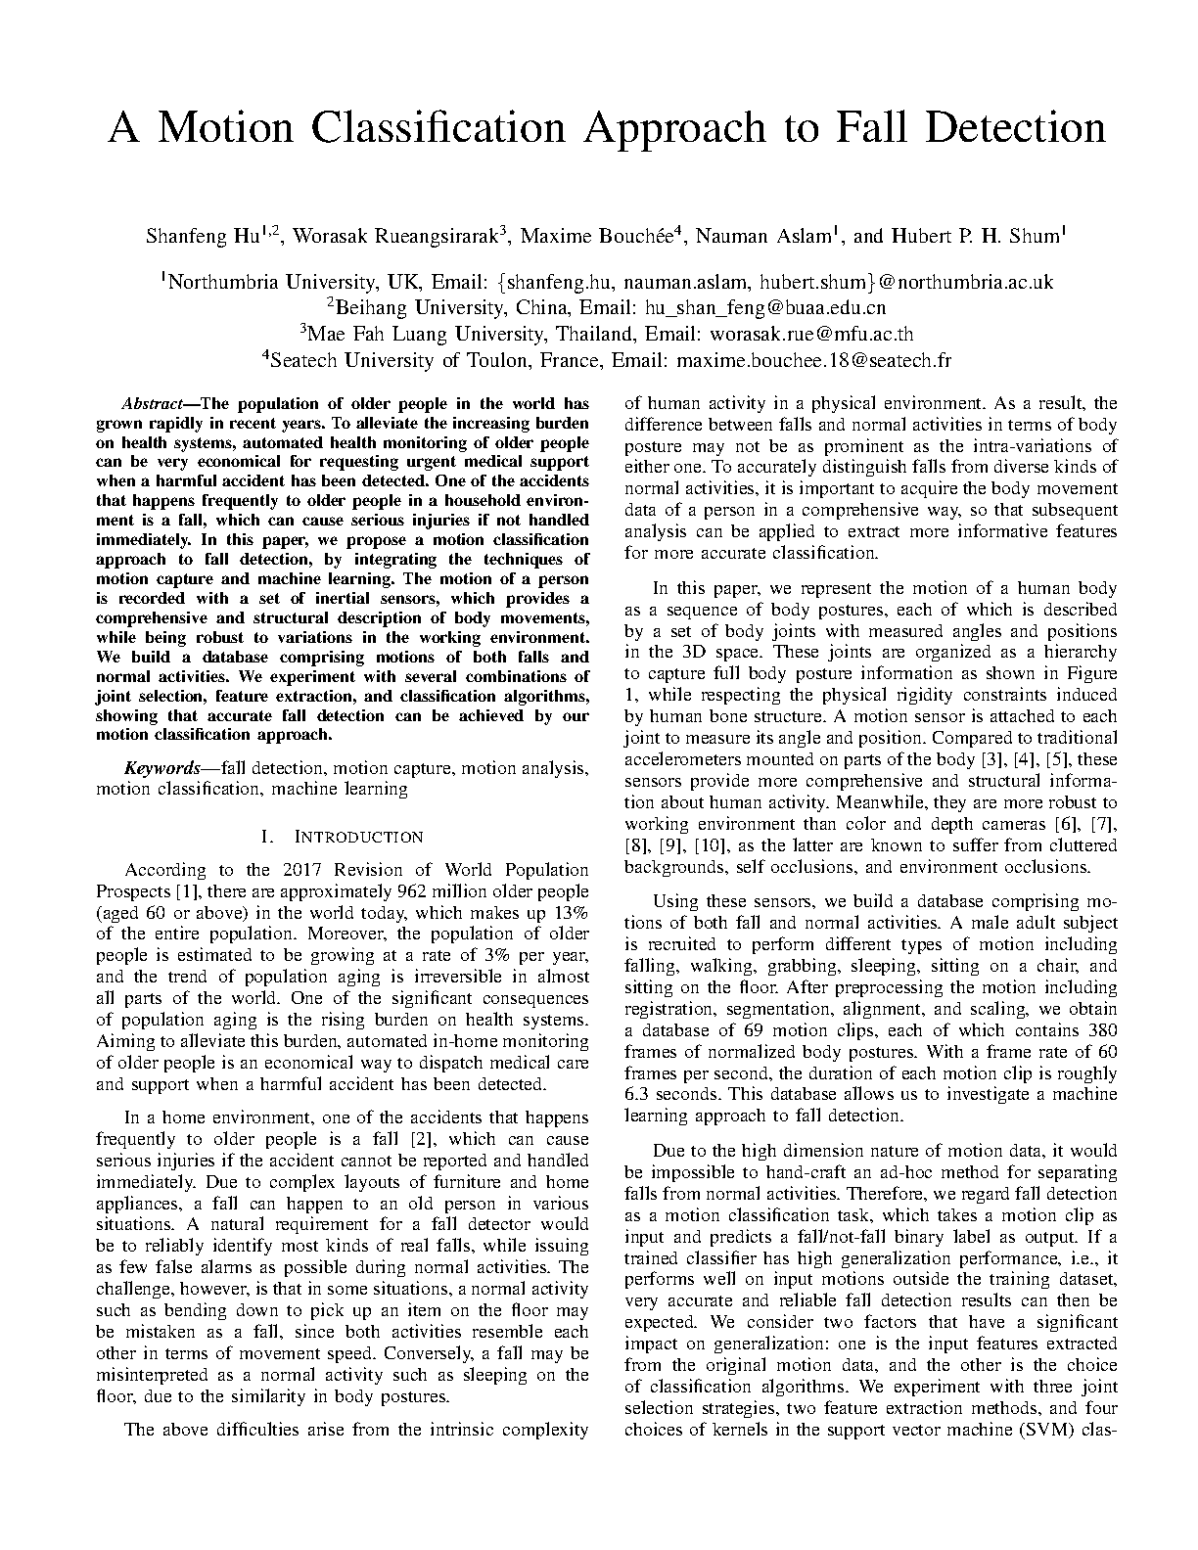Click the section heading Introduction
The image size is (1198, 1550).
click(x=359, y=837)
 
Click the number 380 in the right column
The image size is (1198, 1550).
click(x=1101, y=1030)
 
